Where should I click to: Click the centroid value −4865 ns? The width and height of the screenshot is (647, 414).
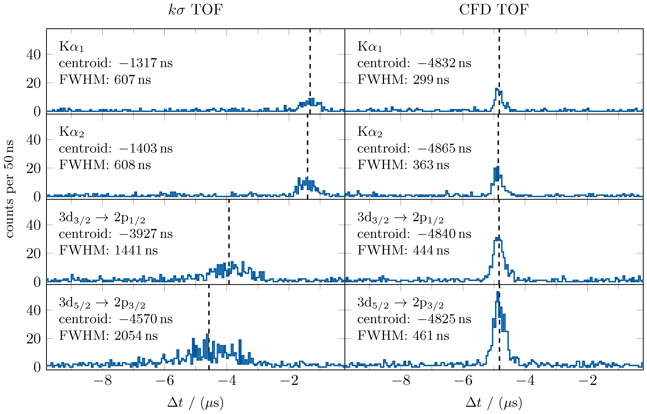(444, 148)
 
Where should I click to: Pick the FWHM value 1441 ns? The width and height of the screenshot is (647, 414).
(136, 250)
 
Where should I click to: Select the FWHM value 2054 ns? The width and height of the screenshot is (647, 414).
(136, 335)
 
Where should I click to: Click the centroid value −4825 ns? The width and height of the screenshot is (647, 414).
(444, 319)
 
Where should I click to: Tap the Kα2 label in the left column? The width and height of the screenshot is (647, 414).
(71, 132)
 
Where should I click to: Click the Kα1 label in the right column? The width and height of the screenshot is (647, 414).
(370, 47)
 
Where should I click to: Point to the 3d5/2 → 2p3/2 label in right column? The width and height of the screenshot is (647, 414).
(400, 303)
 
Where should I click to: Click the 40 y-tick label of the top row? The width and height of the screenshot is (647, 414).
(34, 55)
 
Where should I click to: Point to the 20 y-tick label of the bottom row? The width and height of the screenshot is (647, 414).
(34, 339)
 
